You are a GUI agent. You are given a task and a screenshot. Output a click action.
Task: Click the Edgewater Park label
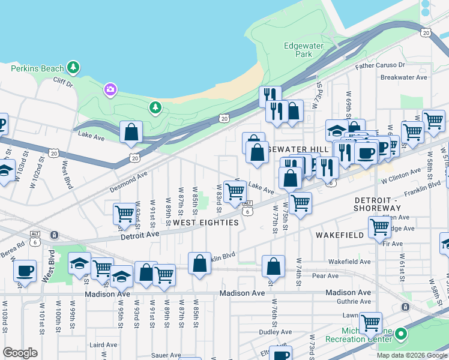304,50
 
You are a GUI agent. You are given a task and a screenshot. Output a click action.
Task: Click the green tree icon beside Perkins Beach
73,66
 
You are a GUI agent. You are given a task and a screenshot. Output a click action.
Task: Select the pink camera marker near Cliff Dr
109,90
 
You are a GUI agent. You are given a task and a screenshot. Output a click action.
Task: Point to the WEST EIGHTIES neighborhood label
206,223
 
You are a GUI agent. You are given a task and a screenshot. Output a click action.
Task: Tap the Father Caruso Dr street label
381,65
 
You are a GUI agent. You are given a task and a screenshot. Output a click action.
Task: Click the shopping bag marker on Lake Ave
131,131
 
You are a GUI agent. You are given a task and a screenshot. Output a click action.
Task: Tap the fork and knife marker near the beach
270,96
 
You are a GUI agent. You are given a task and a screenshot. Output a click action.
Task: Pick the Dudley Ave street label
258,332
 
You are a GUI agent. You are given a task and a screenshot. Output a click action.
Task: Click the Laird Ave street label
103,345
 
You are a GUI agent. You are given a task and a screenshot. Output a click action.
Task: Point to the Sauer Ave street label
166,355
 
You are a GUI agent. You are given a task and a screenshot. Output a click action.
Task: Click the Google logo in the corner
20,353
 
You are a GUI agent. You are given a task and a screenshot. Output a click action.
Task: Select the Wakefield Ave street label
349,262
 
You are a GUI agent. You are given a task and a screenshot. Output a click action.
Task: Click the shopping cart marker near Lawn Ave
370,323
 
